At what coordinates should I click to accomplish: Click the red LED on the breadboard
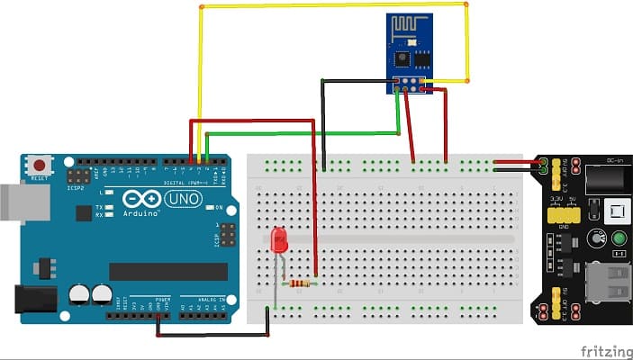point(279,239)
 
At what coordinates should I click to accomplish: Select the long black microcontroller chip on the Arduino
point(168,271)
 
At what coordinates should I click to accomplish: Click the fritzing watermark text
point(605,350)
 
